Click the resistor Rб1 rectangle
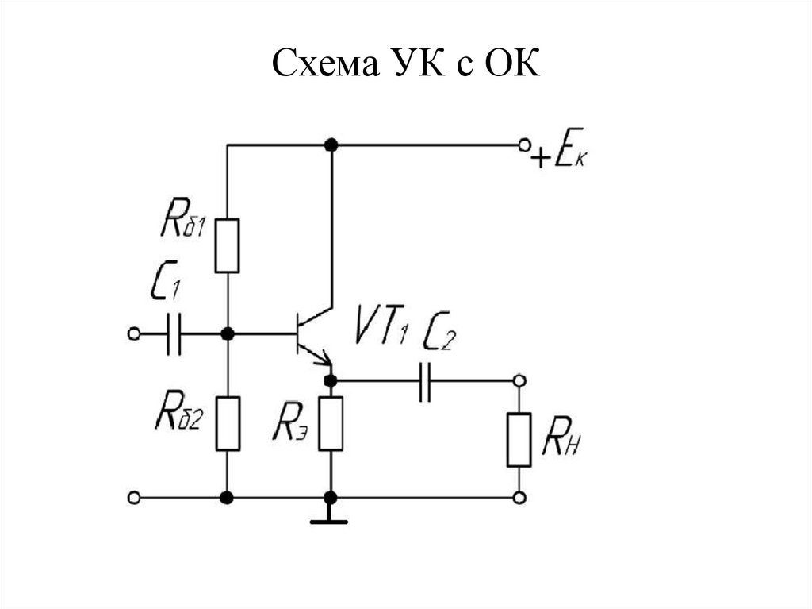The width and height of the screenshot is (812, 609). point(227,245)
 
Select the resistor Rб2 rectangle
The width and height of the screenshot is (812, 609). point(228,423)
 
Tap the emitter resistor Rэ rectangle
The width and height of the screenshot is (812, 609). point(331,423)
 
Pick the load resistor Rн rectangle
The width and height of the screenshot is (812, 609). point(519,439)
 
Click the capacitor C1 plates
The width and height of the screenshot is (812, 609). point(174,333)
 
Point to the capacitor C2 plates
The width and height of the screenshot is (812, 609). point(425,381)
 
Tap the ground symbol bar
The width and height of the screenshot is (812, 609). point(329,522)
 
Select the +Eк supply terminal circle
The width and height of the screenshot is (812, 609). point(524,145)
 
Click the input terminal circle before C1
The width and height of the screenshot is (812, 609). point(133,333)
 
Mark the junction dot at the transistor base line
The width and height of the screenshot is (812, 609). point(228,333)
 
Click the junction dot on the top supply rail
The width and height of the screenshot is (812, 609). point(331,145)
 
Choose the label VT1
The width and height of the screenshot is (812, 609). point(382,326)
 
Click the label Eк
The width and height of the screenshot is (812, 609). point(570,148)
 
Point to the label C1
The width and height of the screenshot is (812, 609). point(165,280)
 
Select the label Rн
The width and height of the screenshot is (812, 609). point(561,439)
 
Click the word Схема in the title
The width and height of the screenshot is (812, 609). point(325,64)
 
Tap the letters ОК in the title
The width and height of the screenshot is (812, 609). point(512,64)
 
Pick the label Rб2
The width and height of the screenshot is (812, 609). point(179,410)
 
